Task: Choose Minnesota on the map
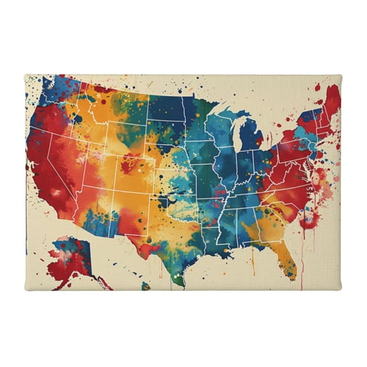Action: tap(198, 118)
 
